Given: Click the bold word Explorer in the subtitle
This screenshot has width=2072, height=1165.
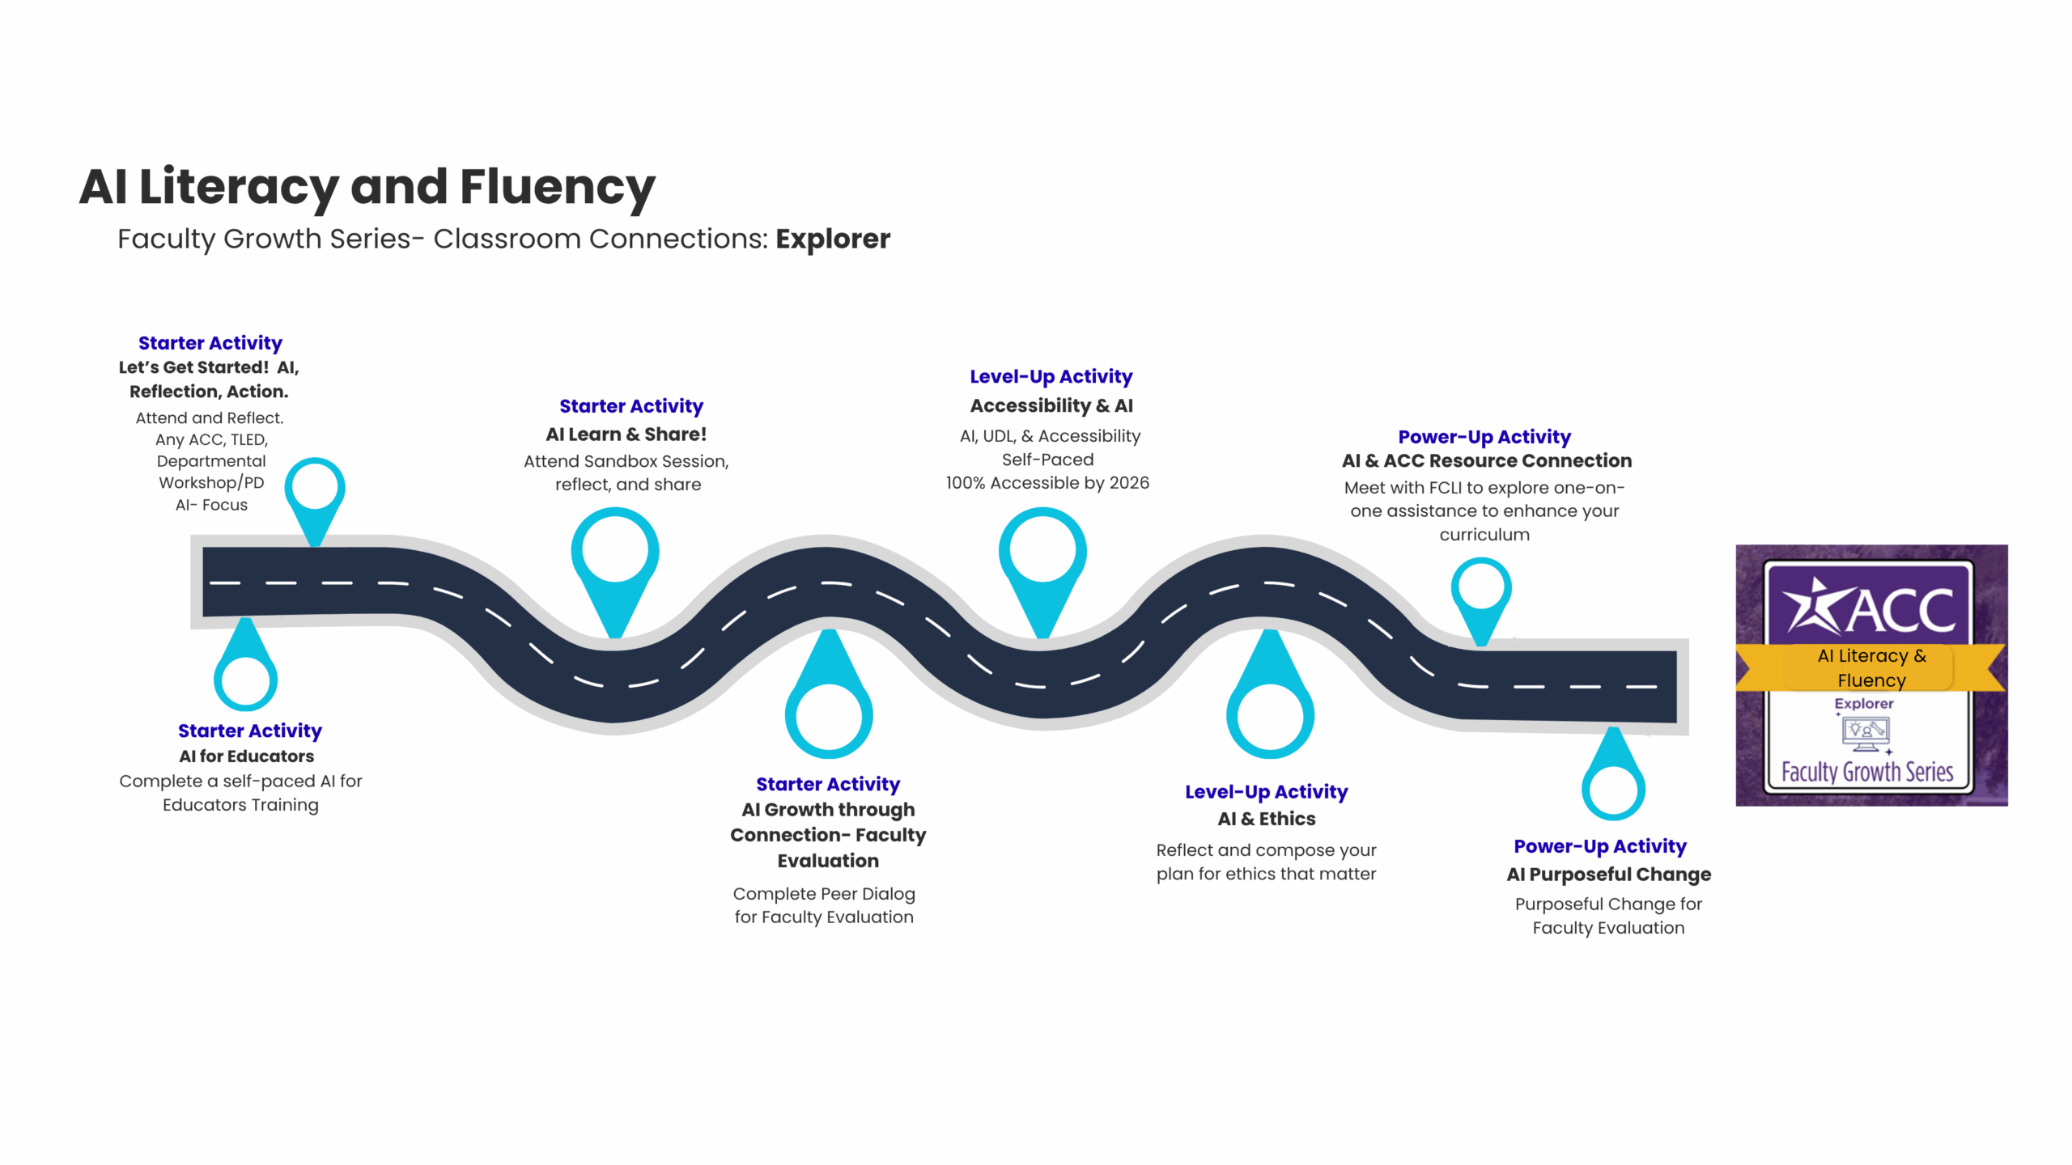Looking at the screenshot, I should coord(832,239).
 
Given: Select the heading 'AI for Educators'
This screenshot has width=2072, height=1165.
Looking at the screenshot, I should coord(246,756).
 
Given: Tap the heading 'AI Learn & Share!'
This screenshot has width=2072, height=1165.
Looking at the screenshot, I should coord(626,434).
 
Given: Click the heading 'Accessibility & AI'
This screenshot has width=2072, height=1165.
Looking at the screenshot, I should coord(1051,406).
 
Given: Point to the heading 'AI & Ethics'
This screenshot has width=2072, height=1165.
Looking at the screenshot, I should coord(1266,819).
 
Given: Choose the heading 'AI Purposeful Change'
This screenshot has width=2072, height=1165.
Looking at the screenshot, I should coord(1608,875).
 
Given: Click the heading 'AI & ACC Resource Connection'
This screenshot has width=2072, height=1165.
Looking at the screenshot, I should coord(1486,461).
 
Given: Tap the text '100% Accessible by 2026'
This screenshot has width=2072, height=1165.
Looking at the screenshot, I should coord(1047,483).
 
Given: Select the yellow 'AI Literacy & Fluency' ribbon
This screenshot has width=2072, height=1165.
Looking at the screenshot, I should coord(1870,667).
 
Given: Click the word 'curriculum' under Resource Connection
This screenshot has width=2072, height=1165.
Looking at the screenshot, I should coord(1484,535).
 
